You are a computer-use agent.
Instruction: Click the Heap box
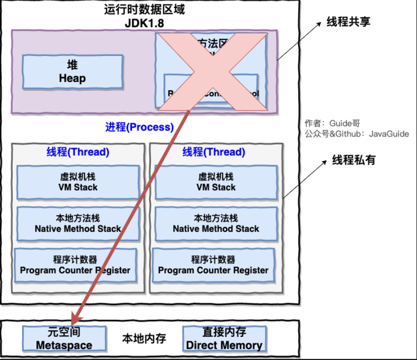(72, 71)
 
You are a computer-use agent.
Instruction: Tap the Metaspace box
(64, 339)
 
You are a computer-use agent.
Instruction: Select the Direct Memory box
(224, 339)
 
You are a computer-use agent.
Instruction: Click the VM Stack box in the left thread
(78, 182)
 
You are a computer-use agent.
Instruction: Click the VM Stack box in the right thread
(215, 182)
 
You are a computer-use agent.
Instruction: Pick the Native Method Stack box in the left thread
(78, 223)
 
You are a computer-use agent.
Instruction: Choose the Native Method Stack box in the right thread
(215, 223)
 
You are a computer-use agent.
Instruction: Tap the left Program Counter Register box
(75, 265)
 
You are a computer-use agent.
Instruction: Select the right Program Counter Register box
(213, 265)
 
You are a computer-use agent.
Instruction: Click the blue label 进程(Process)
(139, 127)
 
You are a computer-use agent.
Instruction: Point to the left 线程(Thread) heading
(78, 152)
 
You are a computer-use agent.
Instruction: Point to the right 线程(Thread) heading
(213, 152)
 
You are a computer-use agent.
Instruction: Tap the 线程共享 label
(348, 22)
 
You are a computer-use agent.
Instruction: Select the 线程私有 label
(353, 160)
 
